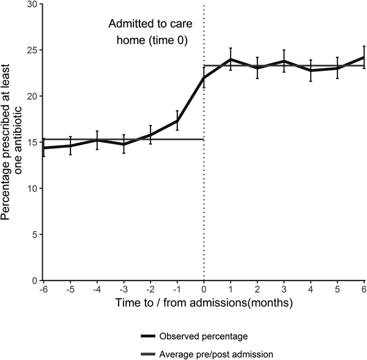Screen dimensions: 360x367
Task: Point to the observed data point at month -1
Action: pos(177,121)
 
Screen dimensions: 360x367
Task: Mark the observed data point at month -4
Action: pos(97,140)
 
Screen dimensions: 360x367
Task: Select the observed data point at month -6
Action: pos(43,148)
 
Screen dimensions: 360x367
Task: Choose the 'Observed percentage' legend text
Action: pos(195,336)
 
